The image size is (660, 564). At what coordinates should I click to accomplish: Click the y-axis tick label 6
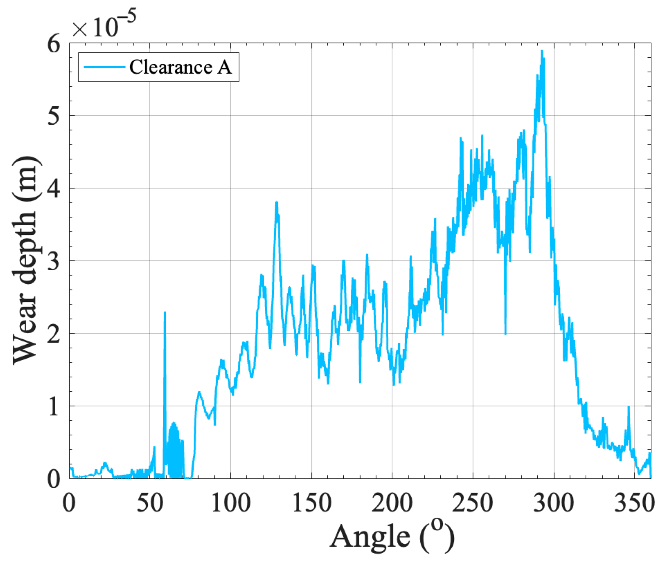[x=54, y=44]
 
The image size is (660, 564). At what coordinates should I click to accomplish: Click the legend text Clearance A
[x=180, y=67]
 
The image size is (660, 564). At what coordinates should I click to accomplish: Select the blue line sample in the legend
[x=104, y=67]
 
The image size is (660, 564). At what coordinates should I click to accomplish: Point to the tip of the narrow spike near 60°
[x=165, y=312]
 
